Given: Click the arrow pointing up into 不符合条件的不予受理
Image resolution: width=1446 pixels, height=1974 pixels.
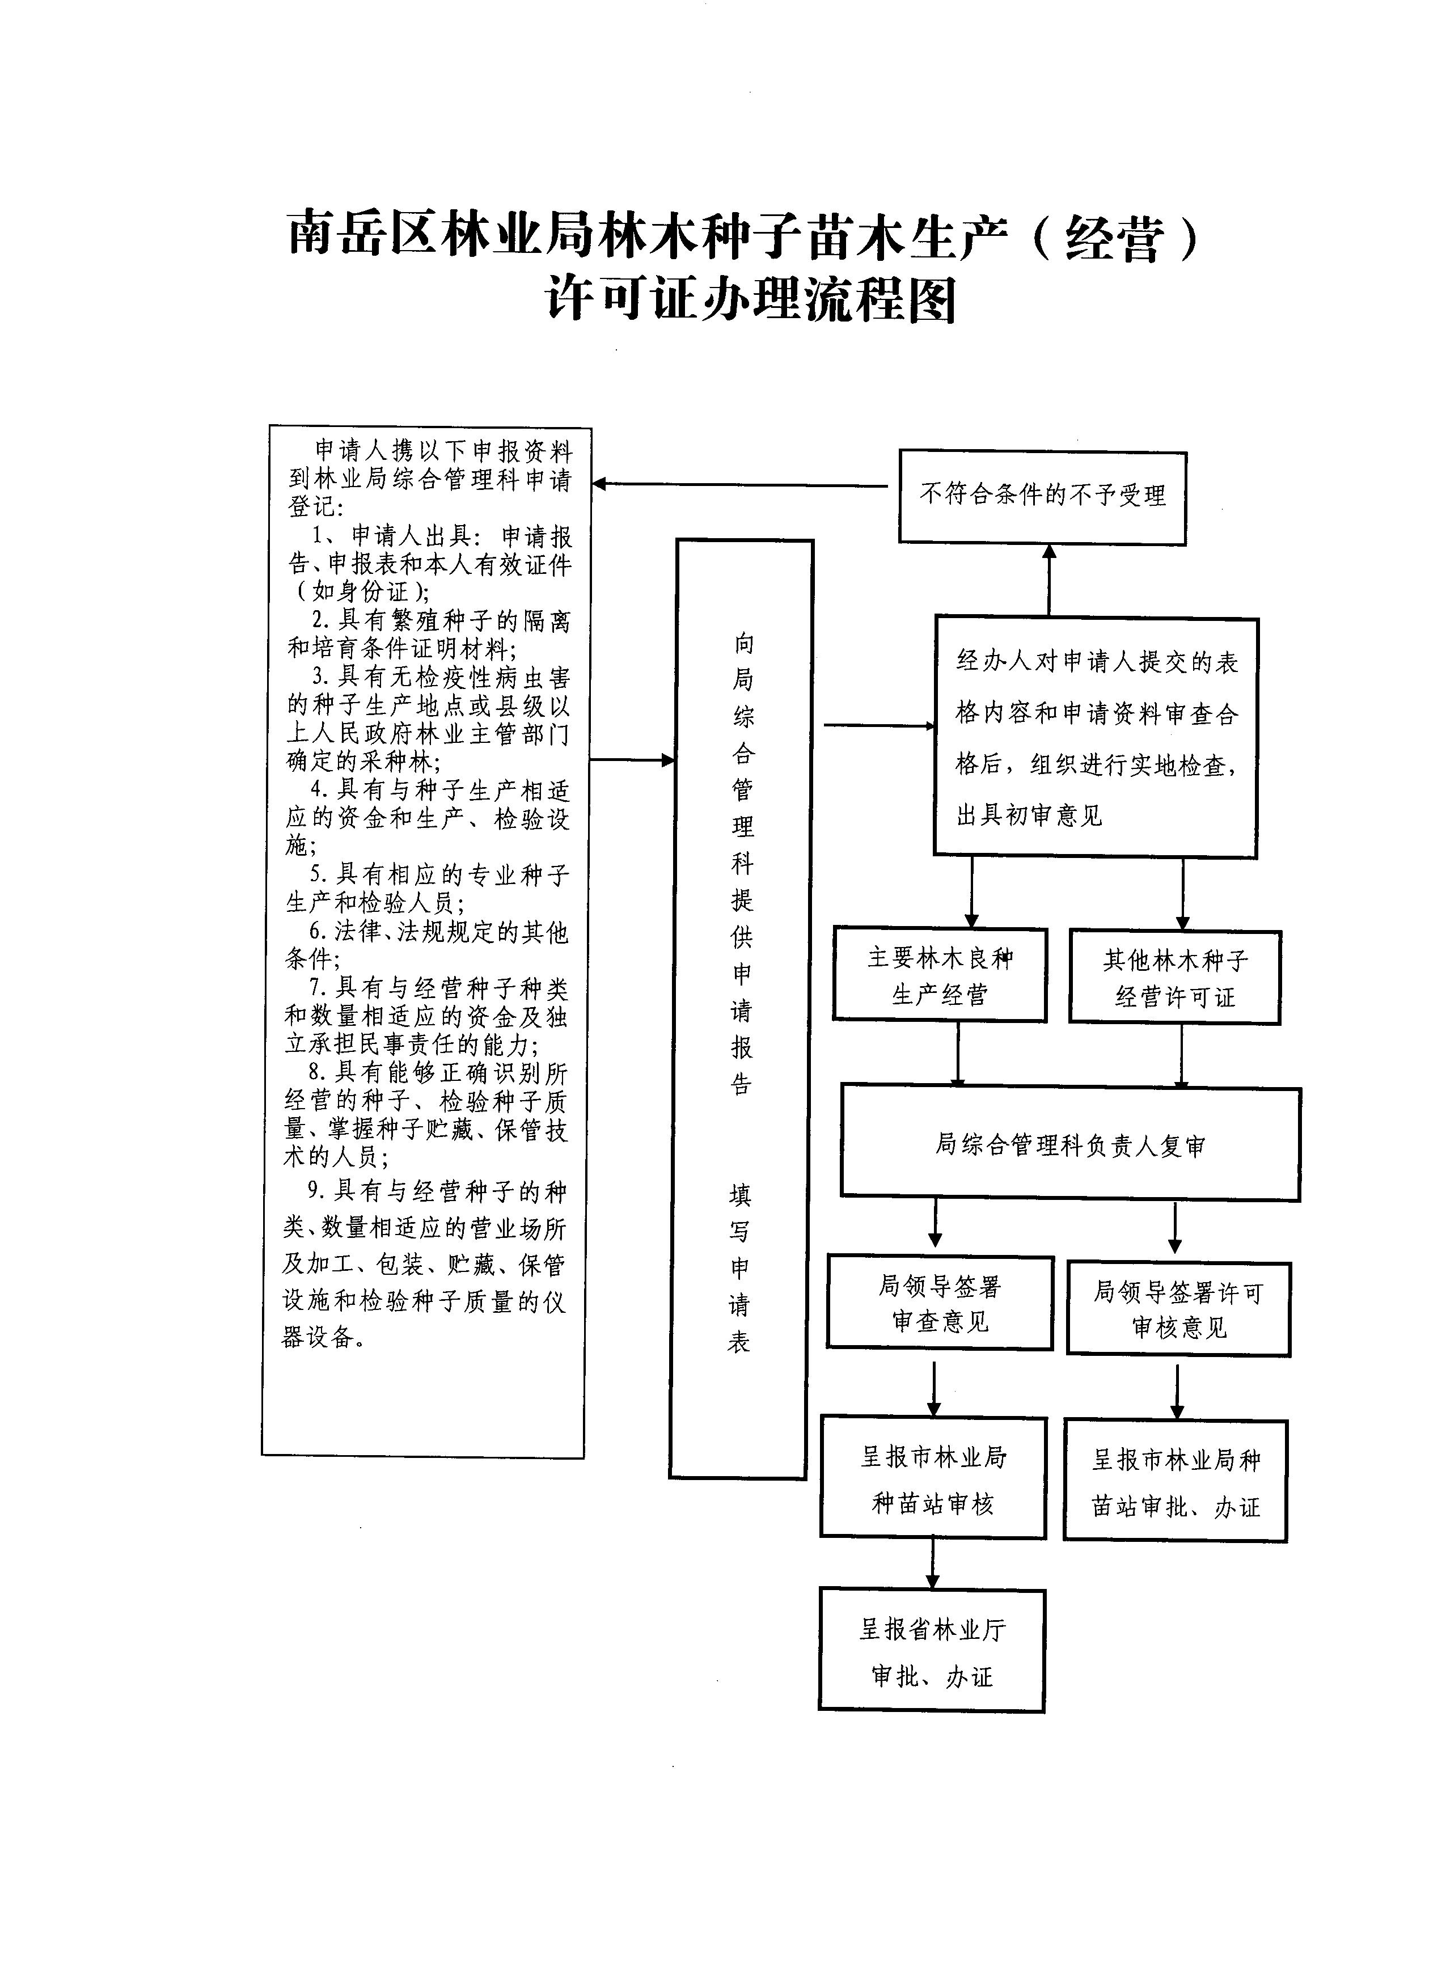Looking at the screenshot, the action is (1048, 580).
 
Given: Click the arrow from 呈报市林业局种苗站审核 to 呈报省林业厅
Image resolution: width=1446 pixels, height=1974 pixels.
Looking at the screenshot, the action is (932, 1563).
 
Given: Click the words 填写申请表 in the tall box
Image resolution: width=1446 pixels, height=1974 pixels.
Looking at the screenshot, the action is (739, 1269).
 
